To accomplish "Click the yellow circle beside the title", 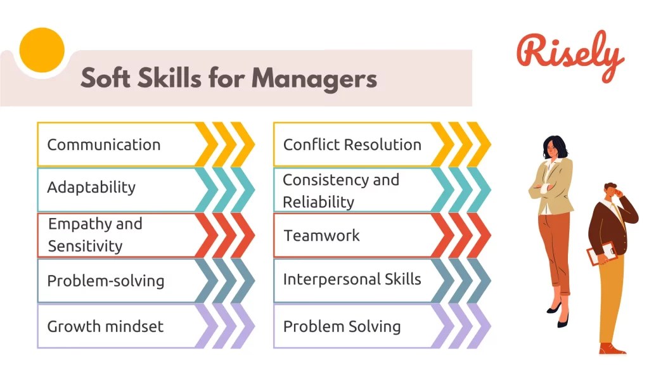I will (x=42, y=50).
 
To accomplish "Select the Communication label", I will (x=104, y=144).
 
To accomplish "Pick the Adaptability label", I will (x=91, y=188).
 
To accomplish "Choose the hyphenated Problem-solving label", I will (x=105, y=281).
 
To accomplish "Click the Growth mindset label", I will (x=105, y=326).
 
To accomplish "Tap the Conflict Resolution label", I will (x=352, y=144).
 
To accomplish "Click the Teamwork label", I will (x=321, y=236).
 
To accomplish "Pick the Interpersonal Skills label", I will (x=352, y=279).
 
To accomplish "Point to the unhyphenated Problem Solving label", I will (x=342, y=326).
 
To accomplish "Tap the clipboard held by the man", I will (x=600, y=253).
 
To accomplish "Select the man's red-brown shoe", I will (x=611, y=348).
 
